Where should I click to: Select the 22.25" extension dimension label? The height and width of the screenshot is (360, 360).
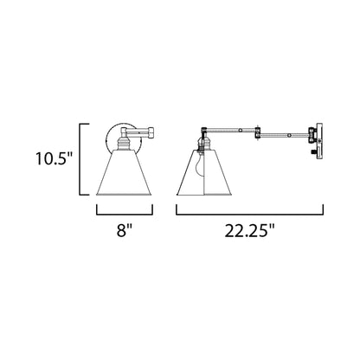[x=250, y=233]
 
